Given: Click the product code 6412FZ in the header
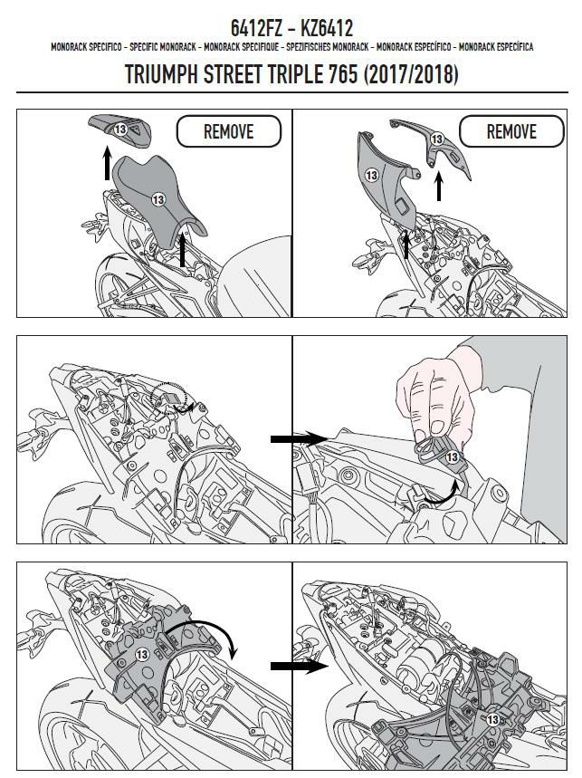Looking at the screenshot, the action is [x=256, y=28].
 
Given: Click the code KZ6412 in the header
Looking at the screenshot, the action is [x=327, y=28].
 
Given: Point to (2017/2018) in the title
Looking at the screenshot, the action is [x=411, y=74].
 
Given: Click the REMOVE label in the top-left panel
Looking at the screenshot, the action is [x=228, y=131].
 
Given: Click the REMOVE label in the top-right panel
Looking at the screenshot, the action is [x=511, y=131].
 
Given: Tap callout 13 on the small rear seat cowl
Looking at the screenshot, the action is [x=120, y=130].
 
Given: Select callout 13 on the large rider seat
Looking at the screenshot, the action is [x=158, y=199].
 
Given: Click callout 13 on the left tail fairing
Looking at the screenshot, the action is [x=371, y=175].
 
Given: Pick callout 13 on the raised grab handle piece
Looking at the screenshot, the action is [x=437, y=139].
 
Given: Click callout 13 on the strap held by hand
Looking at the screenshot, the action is [x=453, y=456].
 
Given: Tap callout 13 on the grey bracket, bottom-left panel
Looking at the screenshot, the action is [x=142, y=655].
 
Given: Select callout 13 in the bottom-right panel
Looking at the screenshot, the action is [x=492, y=719].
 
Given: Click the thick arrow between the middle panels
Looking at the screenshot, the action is [x=299, y=438].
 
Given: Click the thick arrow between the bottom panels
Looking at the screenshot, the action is [x=299, y=666].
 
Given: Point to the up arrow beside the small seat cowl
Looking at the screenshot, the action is [x=107, y=162].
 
